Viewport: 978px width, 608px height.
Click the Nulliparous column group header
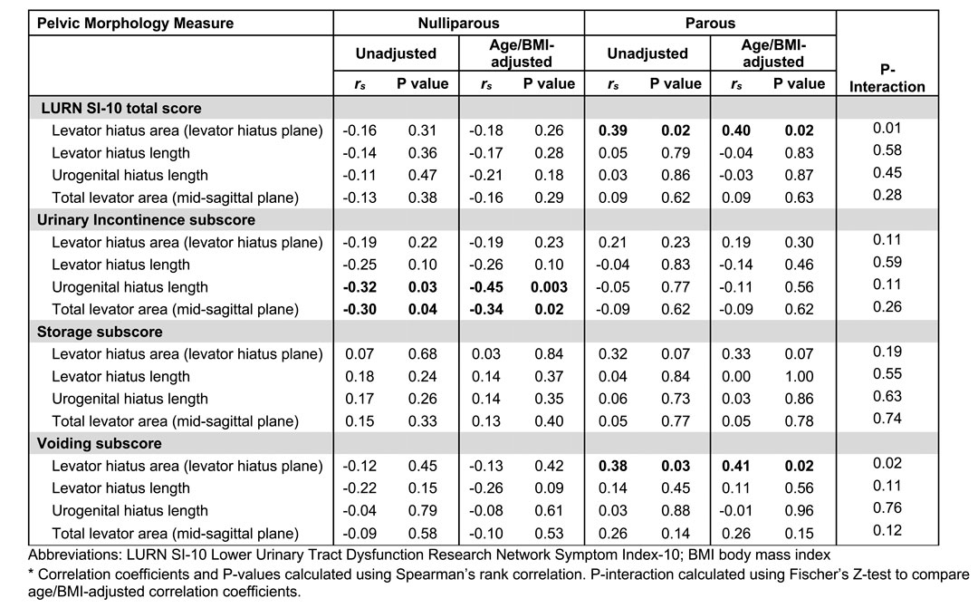pos(458,23)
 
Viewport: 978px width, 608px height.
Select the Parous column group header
pos(710,23)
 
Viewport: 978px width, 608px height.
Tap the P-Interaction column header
pos(887,78)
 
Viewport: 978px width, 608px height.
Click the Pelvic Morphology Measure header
pos(135,23)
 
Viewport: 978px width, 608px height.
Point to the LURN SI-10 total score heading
pos(121,108)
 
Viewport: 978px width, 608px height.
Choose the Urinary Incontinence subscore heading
pos(146,219)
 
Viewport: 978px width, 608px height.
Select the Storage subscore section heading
pos(100,332)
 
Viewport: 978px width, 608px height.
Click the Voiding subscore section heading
pos(100,443)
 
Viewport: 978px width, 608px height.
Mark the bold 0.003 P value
pos(549,287)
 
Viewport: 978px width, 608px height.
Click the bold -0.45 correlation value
pos(486,287)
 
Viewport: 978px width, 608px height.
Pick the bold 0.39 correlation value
pos(612,130)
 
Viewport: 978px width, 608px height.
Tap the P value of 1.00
pos(799,376)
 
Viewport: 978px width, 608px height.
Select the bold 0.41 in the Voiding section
pos(736,466)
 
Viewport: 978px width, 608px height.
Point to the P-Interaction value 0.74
pos(887,419)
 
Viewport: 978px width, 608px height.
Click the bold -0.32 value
pos(360,287)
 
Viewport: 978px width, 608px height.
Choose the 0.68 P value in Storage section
pos(423,354)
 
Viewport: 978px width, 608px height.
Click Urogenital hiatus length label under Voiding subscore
pos(129,511)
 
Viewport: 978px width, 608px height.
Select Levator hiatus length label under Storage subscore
pos(120,376)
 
